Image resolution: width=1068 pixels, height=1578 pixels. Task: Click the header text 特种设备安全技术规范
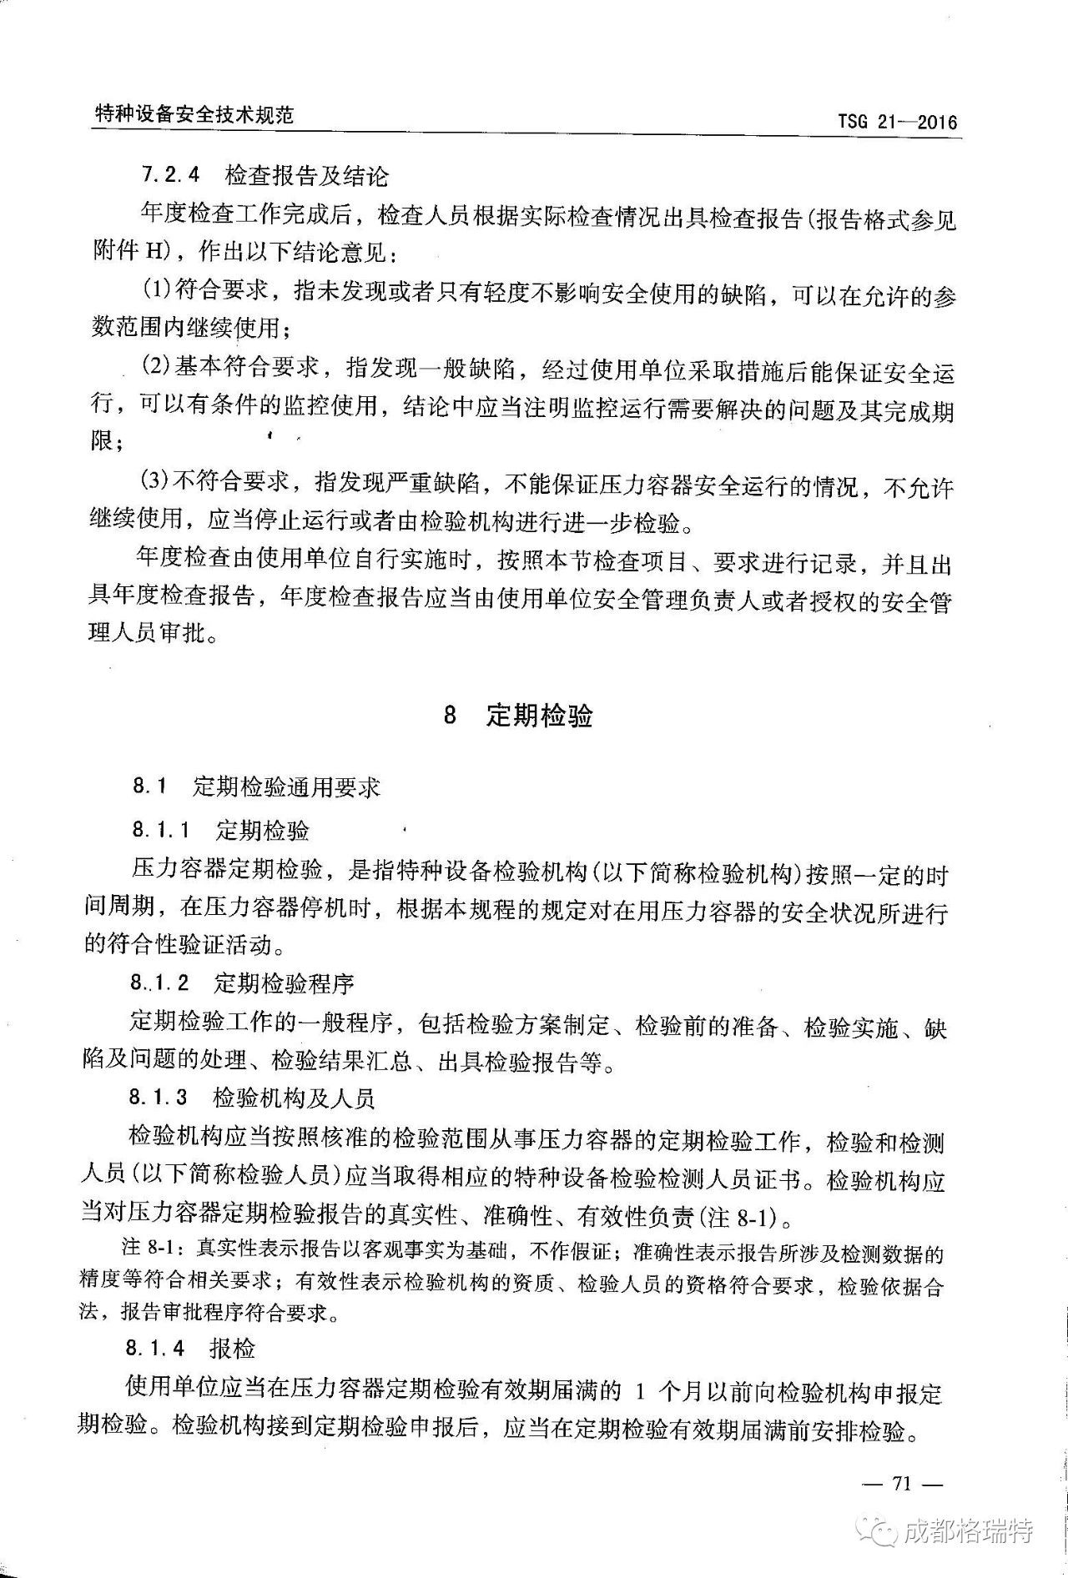point(194,115)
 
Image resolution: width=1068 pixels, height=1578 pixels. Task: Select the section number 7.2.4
point(171,176)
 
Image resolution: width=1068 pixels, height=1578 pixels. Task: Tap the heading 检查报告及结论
point(306,176)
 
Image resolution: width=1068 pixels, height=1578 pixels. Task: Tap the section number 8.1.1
point(160,830)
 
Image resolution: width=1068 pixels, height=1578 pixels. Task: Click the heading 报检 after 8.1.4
point(232,1349)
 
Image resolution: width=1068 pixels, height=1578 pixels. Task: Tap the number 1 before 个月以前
point(640,1391)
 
